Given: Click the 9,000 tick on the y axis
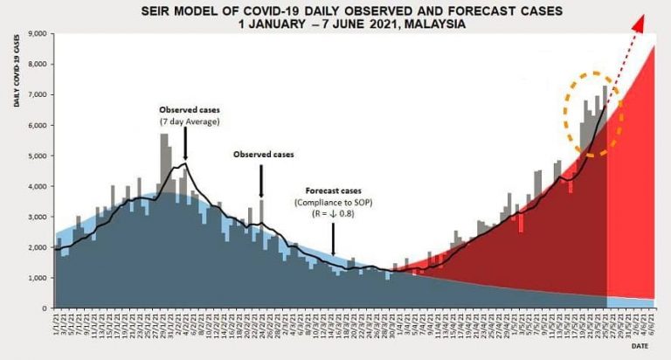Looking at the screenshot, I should coord(38,34).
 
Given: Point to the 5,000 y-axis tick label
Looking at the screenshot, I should coord(38,156).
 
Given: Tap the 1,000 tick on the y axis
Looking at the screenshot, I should coord(38,278).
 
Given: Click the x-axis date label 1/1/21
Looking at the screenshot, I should coord(56,325).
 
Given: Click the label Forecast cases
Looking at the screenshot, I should coord(332,190).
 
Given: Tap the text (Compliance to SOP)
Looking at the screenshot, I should coord(333,202).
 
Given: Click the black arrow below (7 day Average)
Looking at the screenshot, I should coord(185,144).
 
